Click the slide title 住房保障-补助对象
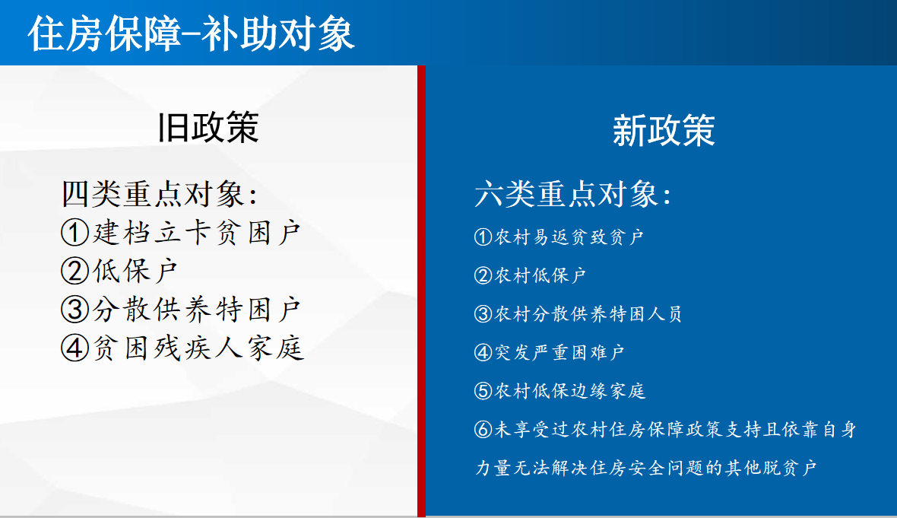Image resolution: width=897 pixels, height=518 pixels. point(191,33)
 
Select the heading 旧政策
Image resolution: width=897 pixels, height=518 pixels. point(208,127)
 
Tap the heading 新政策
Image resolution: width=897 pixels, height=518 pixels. point(664,130)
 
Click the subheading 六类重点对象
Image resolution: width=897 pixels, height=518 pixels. point(573,193)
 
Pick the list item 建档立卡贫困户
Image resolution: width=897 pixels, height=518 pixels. point(196,233)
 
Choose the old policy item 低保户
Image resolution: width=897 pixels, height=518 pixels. point(135,271)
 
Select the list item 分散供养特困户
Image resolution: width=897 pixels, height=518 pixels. point(196,309)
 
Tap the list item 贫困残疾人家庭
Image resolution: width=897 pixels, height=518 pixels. point(198,348)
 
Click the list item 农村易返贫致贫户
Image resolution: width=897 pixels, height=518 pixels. point(569,237)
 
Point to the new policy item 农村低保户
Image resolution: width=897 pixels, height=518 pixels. point(540,275)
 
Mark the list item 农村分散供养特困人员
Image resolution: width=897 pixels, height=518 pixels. point(588,313)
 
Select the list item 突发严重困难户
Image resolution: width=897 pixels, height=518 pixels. point(559,352)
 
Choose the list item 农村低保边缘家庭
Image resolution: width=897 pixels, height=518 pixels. point(570,391)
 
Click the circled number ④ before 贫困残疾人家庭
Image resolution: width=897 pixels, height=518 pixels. point(75,348)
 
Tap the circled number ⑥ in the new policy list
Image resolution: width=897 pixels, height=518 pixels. point(483,429)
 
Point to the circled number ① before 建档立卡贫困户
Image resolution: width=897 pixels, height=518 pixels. point(75,233)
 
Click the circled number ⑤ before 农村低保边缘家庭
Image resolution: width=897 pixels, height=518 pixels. point(483,391)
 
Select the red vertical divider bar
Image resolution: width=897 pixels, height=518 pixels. point(422,291)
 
